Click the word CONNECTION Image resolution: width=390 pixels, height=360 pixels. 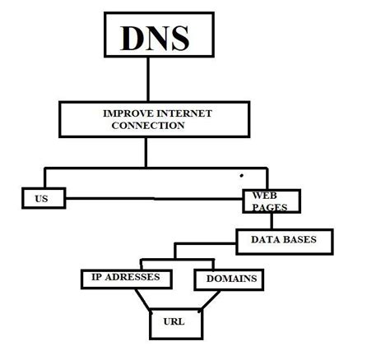147,127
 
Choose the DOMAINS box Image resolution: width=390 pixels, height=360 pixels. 229,279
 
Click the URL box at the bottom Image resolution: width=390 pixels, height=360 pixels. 174,321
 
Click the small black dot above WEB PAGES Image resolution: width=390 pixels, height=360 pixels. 241,174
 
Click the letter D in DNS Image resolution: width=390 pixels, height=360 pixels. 132,38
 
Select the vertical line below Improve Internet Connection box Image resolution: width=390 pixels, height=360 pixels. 149,152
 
